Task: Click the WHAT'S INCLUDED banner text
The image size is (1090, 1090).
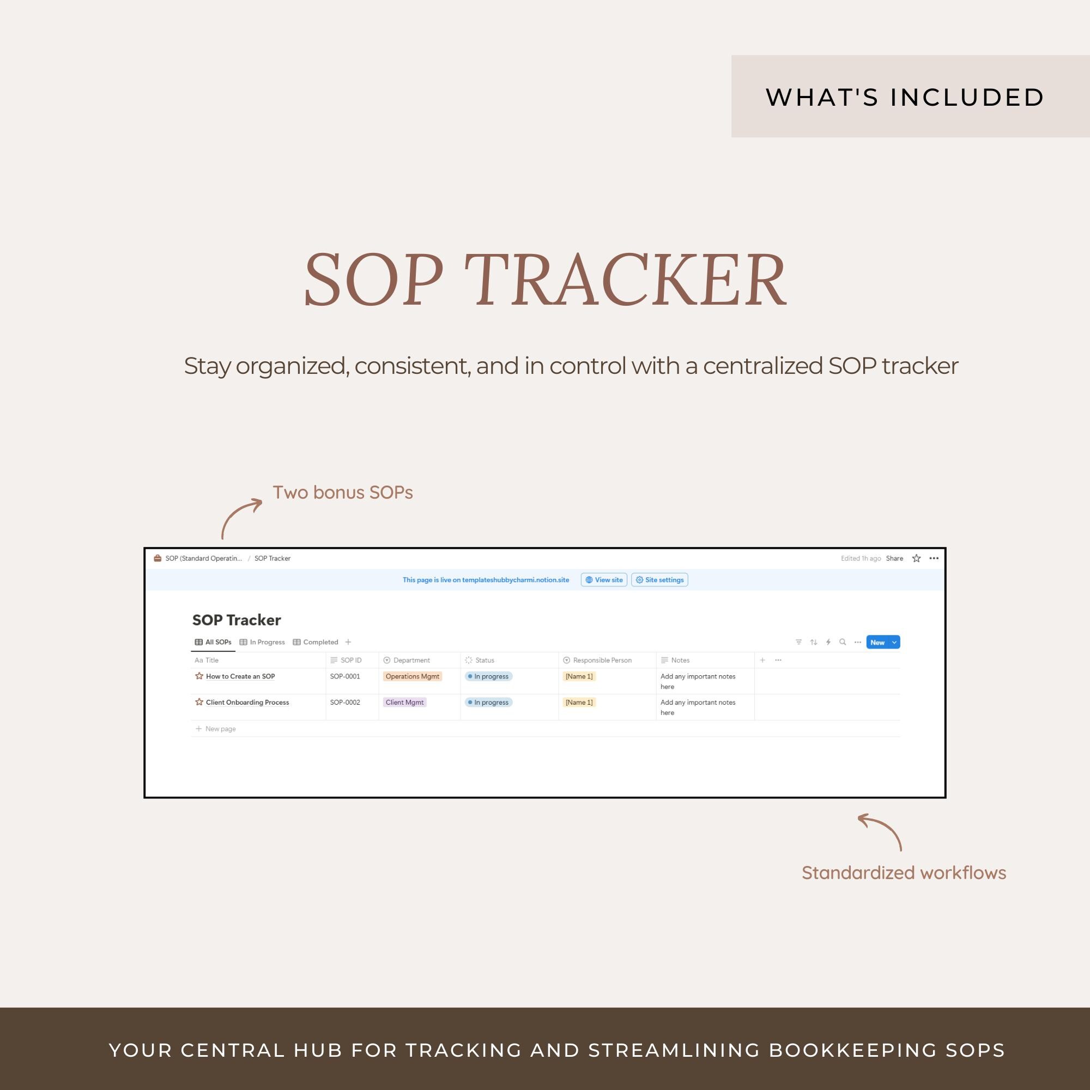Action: [904, 98]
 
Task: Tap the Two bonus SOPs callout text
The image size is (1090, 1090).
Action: [342, 493]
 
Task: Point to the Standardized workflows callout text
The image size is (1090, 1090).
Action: [903, 873]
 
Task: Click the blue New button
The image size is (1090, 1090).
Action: [877, 642]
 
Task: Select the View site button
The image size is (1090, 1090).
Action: [604, 580]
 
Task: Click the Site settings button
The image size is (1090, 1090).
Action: [659, 580]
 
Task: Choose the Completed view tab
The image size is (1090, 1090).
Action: [316, 642]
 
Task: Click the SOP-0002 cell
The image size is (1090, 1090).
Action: [345, 703]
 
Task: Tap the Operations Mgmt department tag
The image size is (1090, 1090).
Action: [412, 676]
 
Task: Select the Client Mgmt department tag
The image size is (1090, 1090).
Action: [404, 703]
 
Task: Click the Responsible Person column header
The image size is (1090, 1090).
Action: [602, 660]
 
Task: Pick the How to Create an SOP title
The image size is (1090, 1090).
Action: [240, 676]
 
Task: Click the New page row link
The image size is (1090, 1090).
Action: [220, 729]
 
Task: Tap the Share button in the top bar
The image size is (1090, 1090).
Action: [894, 559]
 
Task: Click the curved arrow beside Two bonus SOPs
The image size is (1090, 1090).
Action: [240, 516]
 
